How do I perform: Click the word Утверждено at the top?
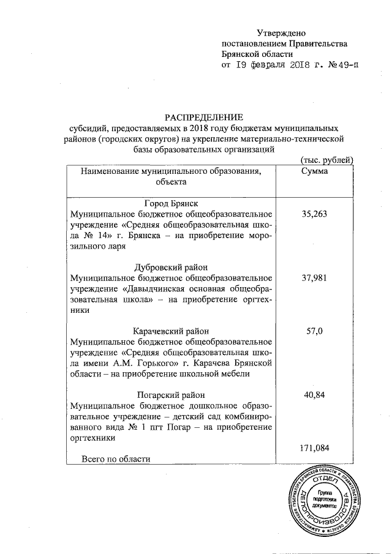coord(280,32)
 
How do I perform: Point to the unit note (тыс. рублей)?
coord(325,160)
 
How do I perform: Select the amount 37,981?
coord(314,278)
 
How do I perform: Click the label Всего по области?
coord(116,459)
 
